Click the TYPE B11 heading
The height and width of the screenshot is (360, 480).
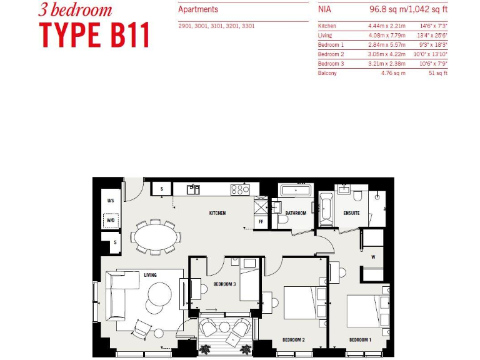tap(95, 35)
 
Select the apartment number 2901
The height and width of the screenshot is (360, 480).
tap(186, 26)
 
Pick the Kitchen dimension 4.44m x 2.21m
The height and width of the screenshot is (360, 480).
tap(387, 26)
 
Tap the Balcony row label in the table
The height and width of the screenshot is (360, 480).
tap(327, 73)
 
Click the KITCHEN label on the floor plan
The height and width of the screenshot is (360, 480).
tap(217, 213)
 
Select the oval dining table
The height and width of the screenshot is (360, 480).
tap(156, 236)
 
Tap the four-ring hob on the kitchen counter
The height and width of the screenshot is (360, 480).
tap(240, 189)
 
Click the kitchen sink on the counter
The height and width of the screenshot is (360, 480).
tap(194, 189)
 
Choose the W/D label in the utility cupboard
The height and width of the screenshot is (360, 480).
tap(111, 221)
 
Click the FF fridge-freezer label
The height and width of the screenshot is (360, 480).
tap(261, 221)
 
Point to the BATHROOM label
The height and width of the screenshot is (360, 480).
tap(296, 213)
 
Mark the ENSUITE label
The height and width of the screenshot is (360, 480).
tap(351, 213)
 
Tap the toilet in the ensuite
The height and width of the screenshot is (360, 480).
tap(358, 196)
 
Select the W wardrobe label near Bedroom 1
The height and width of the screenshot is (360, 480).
tap(372, 256)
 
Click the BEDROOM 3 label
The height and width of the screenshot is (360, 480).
tap(224, 284)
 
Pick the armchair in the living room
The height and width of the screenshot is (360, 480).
tap(142, 328)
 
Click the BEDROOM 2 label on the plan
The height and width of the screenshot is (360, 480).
tap(293, 340)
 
